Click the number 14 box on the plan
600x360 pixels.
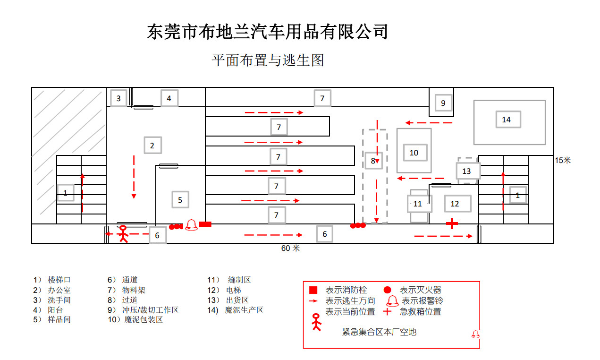[x=508, y=119]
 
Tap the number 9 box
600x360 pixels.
[x=443, y=103]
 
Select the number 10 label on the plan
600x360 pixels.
[x=415, y=153]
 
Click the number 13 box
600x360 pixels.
[x=468, y=171]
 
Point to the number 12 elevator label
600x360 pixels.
[x=457, y=204]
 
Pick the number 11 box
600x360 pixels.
[x=419, y=204]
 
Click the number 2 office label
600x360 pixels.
[x=152, y=146]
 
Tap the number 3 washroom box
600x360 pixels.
[x=118, y=98]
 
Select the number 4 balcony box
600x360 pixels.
[x=169, y=98]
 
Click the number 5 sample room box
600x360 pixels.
[x=180, y=199]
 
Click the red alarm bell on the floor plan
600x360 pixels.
[x=192, y=225]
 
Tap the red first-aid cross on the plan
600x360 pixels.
[x=452, y=223]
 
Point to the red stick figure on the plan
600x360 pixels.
[x=123, y=234]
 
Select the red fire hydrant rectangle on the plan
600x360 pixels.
[x=205, y=224]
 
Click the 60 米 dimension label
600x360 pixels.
[x=290, y=248]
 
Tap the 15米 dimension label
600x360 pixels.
[x=563, y=160]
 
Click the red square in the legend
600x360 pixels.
[x=313, y=290]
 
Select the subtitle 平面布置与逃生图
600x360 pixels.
[x=268, y=60]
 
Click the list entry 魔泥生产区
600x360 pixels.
[x=244, y=310]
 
